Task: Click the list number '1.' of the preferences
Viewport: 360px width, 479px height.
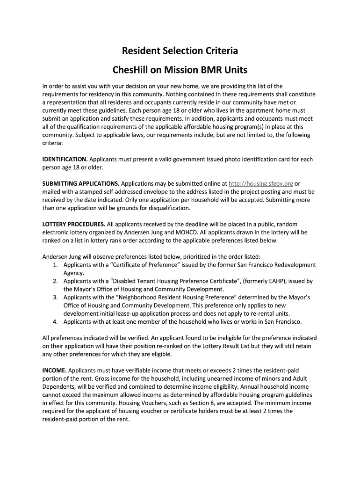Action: [x=56, y=265]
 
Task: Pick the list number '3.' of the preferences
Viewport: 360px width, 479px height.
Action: [x=56, y=297]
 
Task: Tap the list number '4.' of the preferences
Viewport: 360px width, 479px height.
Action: [x=56, y=321]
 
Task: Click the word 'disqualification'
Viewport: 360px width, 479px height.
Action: [x=168, y=208]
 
